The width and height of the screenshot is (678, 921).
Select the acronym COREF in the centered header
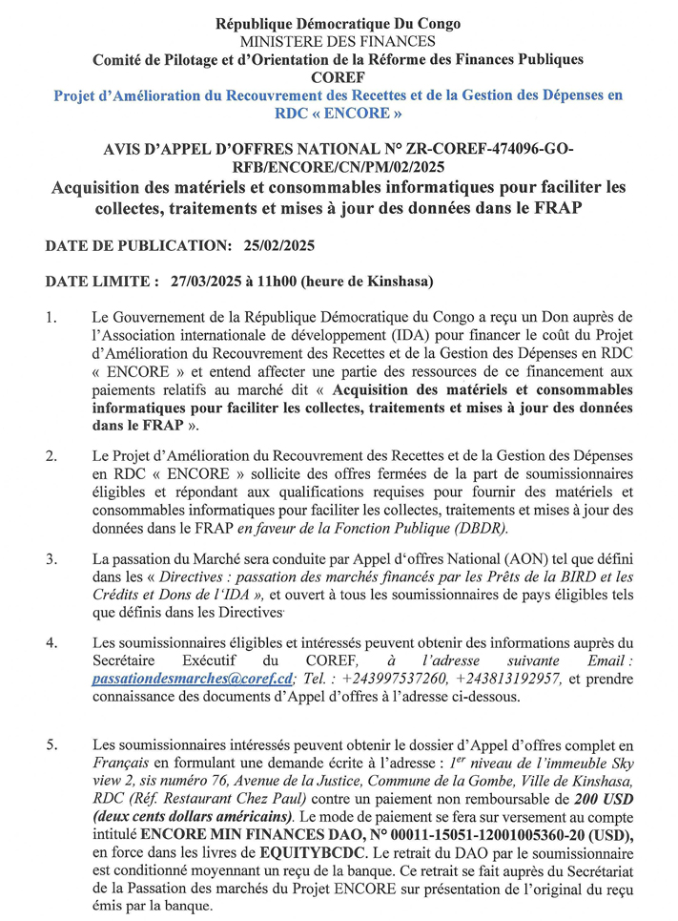[338, 76]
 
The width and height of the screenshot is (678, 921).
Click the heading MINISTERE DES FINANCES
[338, 41]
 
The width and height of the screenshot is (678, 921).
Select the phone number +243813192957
[507, 679]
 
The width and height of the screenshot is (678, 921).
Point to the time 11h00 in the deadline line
[292, 282]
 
